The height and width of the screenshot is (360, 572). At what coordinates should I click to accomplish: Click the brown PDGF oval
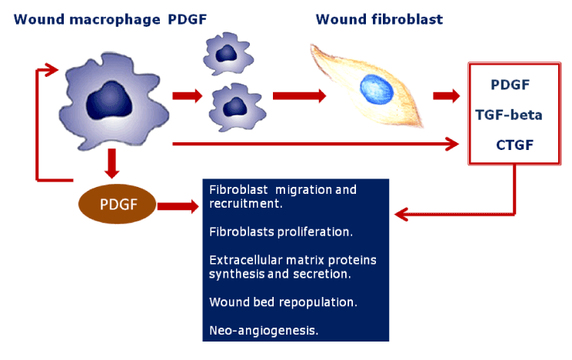[x=118, y=204]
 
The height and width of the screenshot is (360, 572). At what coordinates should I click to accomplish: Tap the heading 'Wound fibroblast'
[x=379, y=19]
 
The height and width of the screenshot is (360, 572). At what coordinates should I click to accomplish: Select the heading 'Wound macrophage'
[x=87, y=20]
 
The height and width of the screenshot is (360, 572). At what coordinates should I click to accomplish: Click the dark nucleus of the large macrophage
[x=109, y=101]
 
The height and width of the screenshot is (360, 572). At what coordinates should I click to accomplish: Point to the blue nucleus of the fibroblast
[x=377, y=89]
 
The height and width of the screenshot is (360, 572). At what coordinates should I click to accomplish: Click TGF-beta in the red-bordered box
[x=509, y=115]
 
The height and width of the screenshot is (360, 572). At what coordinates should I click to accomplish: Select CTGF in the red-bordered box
[x=515, y=145]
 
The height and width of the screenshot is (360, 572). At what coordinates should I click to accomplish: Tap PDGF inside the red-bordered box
[x=510, y=85]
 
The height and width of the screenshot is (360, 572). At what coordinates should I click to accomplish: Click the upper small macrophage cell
[x=228, y=54]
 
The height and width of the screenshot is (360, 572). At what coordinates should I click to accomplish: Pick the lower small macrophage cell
[x=237, y=108]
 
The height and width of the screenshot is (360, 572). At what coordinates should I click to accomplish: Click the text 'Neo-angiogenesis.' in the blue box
[x=264, y=331]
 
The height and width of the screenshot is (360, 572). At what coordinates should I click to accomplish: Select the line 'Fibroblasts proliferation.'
[x=281, y=232]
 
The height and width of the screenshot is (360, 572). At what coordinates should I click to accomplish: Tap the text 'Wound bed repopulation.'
[x=283, y=302]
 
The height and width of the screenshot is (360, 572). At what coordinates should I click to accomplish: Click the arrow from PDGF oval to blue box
[x=178, y=207]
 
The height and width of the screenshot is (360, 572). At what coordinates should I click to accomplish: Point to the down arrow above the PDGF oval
[x=111, y=163]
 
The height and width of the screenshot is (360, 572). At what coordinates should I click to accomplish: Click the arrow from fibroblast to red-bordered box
[x=447, y=95]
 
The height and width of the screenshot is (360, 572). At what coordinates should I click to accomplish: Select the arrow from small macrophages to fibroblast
[x=300, y=96]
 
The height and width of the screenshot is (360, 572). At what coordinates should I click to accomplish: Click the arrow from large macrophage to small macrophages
[x=188, y=96]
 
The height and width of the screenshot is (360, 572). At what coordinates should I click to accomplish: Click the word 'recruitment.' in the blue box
[x=246, y=204]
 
